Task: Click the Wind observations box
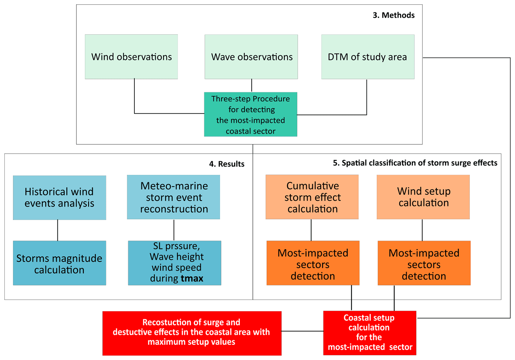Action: point(132,57)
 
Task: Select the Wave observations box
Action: point(251,57)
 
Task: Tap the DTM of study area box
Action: point(368,57)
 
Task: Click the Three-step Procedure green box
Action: point(251,115)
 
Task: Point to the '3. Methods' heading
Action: point(393,15)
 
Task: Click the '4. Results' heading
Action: point(227,164)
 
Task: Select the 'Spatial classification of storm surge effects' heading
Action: point(415,163)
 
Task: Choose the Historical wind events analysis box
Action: point(60,198)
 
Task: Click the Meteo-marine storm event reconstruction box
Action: point(174,197)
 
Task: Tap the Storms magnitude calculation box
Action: point(60,263)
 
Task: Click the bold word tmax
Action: point(192,278)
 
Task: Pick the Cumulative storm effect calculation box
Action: point(312,197)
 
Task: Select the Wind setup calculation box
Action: point(423,197)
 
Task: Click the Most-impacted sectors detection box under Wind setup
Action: point(424,263)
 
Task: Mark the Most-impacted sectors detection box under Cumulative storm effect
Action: point(313,263)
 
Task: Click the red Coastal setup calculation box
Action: point(370,333)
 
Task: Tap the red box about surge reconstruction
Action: point(192,333)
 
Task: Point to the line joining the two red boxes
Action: point(302,331)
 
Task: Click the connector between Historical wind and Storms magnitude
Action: point(58,230)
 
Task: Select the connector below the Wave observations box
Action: point(252,86)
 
